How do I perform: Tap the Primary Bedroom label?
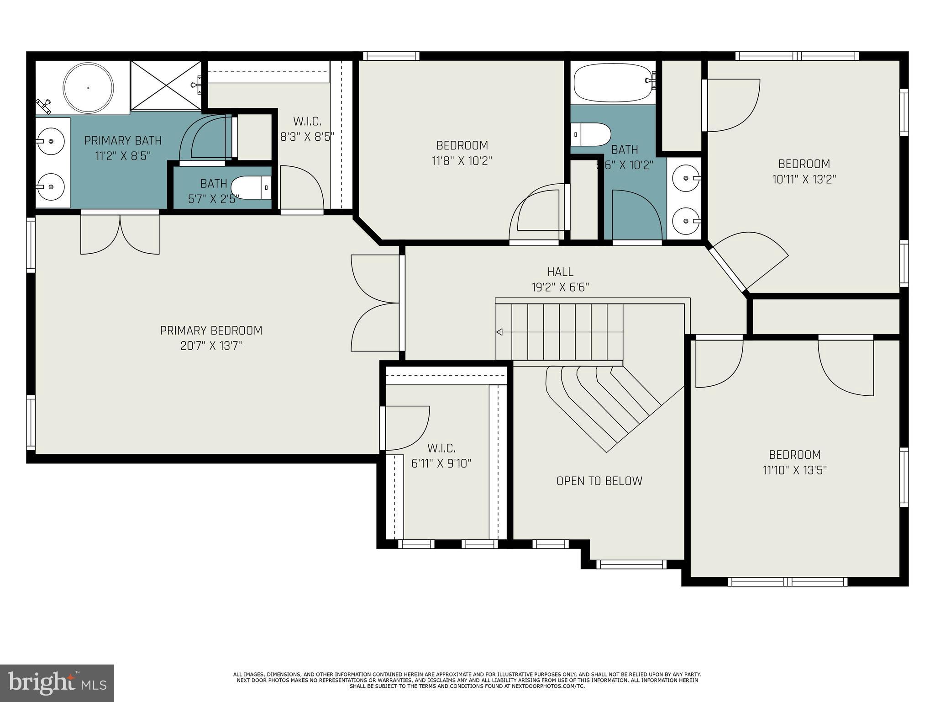(x=211, y=330)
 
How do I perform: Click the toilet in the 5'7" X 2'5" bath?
(x=251, y=187)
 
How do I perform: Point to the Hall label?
(x=560, y=272)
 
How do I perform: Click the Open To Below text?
(x=599, y=481)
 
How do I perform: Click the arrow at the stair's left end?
(x=499, y=332)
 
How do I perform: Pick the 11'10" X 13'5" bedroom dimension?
(x=795, y=470)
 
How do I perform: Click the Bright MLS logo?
(x=57, y=683)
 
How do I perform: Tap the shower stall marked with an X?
(x=166, y=85)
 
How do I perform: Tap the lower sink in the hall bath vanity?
(x=686, y=221)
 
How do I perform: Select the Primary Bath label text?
(x=123, y=140)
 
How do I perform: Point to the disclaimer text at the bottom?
(x=467, y=680)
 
